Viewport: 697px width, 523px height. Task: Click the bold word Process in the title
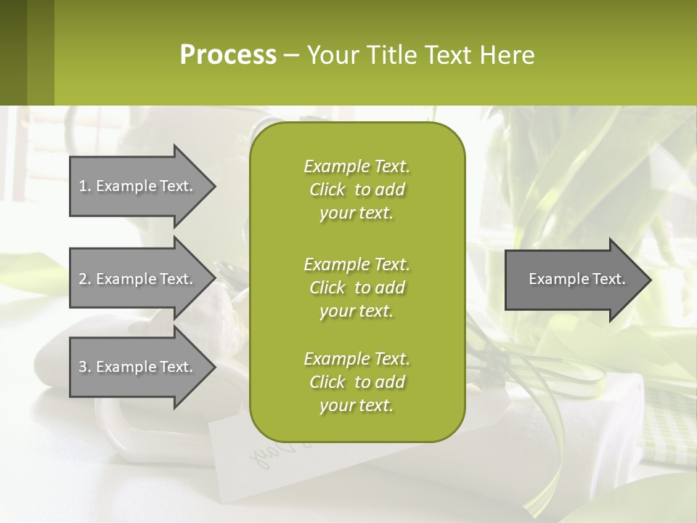[228, 55]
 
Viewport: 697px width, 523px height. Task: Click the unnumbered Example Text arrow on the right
[574, 279]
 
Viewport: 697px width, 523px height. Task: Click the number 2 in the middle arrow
[83, 279]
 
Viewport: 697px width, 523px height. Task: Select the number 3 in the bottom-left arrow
[83, 367]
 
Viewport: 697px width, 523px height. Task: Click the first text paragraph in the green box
[356, 190]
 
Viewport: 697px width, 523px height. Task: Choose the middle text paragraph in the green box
[356, 287]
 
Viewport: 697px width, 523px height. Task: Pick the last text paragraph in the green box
[356, 382]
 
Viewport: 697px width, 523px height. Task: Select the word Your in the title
[330, 55]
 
